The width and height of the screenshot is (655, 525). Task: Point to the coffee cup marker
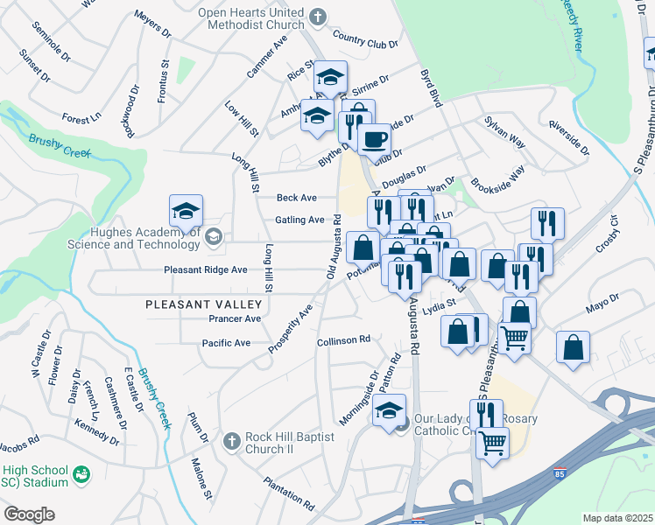tap(374, 139)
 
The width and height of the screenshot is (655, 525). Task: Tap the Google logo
tap(29, 514)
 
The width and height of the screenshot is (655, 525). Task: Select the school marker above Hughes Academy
tap(186, 211)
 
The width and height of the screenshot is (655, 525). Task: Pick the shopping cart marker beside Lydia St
tap(514, 336)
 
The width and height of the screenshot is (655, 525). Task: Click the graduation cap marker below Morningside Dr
tap(389, 410)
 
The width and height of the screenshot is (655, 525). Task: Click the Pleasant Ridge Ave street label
tap(205, 270)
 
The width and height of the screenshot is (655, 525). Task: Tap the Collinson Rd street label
tap(343, 339)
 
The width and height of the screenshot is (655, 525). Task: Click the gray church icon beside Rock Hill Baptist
tap(230, 439)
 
